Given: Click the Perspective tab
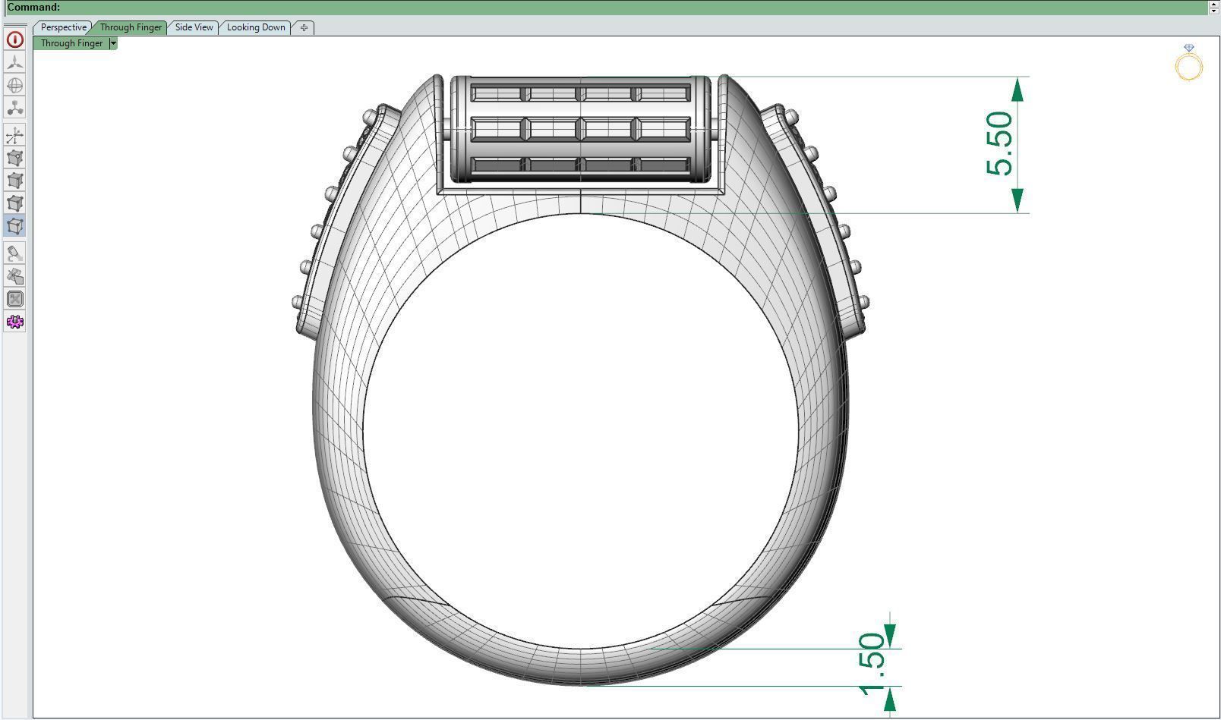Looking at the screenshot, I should (x=63, y=27).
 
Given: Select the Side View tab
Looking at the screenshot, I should (x=194, y=27).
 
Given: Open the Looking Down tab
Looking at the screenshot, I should (x=256, y=27).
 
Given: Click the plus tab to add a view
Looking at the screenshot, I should (x=304, y=28).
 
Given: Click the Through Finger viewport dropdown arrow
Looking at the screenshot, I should (x=113, y=43).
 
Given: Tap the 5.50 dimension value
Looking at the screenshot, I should (x=999, y=143).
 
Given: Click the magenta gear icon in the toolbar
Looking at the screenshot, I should (x=14, y=322).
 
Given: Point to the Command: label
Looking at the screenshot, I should (x=33, y=8).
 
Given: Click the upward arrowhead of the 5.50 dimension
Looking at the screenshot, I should (x=1018, y=90).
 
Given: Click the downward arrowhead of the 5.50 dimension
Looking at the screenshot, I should (x=1018, y=200).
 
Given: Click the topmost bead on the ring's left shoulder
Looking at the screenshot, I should (x=370, y=118).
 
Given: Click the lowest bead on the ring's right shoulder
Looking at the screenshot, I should (x=863, y=302).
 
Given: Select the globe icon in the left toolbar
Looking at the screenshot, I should (x=14, y=85).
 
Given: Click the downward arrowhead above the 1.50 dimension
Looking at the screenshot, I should (x=890, y=635).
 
